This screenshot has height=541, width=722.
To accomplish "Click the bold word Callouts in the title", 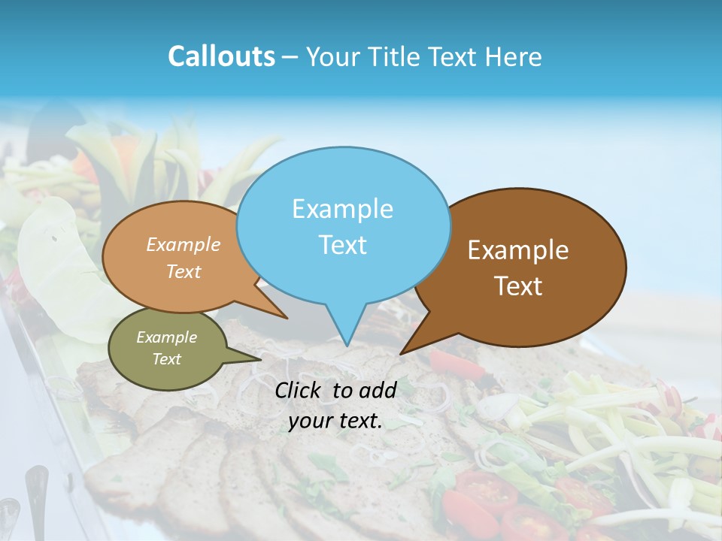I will point(221,56).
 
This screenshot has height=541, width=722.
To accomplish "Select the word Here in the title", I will point(513,56).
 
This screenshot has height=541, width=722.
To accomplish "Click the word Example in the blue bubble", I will point(342,209).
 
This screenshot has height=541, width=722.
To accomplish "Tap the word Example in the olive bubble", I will point(166,337).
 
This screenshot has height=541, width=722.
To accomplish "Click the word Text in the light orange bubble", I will point(184,271).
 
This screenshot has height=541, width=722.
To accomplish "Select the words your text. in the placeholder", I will point(335,421).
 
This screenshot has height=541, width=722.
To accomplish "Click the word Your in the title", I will point(332,56).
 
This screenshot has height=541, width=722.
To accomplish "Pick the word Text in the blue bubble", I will point(342,245).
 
